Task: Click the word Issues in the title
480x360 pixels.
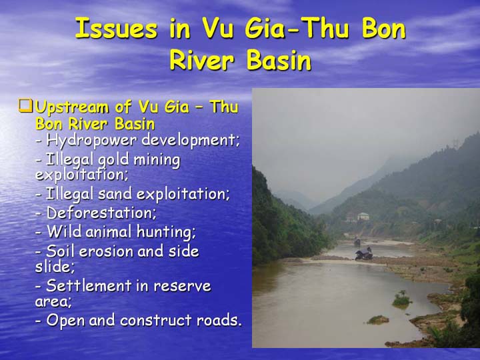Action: click(x=116, y=28)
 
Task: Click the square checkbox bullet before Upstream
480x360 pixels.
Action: click(x=25, y=105)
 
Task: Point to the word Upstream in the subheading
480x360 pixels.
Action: click(x=72, y=108)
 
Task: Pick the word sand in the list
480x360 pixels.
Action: click(x=115, y=194)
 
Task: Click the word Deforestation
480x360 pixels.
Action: click(x=101, y=213)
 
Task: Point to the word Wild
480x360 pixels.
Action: click(x=64, y=231)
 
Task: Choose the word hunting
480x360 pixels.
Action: click(x=166, y=233)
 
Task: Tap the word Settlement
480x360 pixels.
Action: click(x=89, y=285)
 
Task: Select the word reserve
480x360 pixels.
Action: click(x=182, y=287)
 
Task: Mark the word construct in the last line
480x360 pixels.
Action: click(x=155, y=321)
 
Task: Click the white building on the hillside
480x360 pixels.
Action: click(x=363, y=216)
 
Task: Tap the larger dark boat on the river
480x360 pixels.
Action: click(x=364, y=253)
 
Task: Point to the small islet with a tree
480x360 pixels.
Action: click(x=401, y=299)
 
